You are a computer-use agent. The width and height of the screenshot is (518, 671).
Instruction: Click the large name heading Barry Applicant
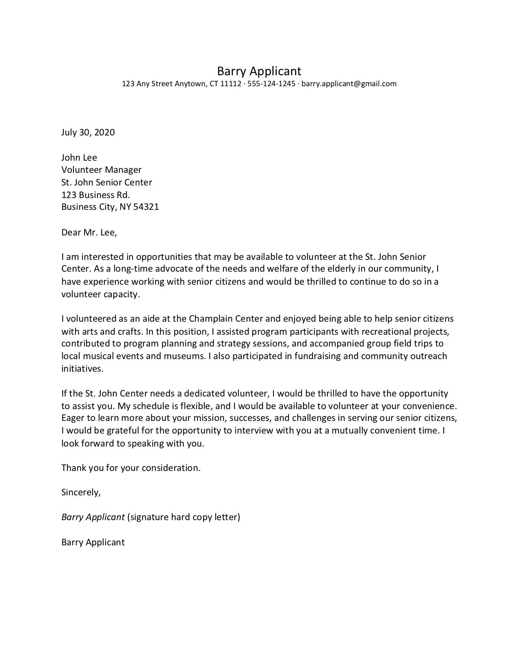click(x=259, y=71)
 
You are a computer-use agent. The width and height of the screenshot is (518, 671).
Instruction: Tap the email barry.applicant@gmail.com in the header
click(x=349, y=84)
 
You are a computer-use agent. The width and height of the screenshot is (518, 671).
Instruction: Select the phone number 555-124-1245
click(x=271, y=84)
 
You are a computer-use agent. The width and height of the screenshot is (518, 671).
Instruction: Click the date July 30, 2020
click(x=88, y=132)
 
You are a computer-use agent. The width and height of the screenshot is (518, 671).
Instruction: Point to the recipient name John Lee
click(x=79, y=157)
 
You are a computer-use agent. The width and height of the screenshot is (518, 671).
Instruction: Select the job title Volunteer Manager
click(x=101, y=170)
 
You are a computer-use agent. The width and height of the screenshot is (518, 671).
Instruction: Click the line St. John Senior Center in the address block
click(x=106, y=182)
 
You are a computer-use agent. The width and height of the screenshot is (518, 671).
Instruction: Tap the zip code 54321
click(x=146, y=207)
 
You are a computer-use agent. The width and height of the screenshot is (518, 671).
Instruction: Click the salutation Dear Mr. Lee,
click(x=89, y=233)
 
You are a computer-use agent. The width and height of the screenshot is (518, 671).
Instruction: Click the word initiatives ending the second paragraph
click(x=82, y=368)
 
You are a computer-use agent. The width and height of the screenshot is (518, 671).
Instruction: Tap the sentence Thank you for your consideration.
click(x=131, y=468)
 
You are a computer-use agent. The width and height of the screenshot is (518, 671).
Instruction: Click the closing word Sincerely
click(x=80, y=492)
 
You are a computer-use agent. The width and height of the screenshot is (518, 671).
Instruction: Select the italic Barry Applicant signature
click(x=93, y=517)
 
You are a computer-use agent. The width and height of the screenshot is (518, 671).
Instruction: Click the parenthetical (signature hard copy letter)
click(x=184, y=517)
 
